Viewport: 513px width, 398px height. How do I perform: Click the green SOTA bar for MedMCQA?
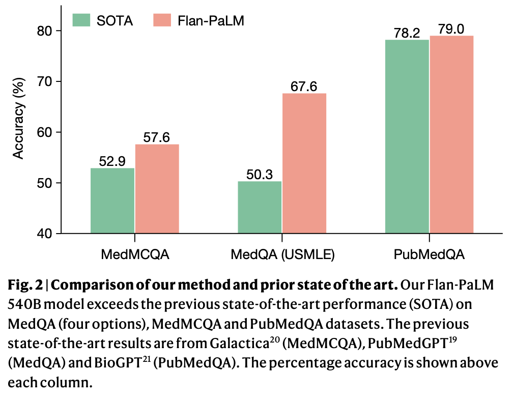click(x=112, y=201)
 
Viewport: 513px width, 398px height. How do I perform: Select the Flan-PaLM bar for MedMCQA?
click(x=157, y=189)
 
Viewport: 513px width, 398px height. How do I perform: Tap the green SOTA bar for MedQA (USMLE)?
click(x=260, y=207)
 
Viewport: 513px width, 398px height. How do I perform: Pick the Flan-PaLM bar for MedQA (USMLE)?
click(x=304, y=163)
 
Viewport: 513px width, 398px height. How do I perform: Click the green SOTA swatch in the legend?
click(x=81, y=20)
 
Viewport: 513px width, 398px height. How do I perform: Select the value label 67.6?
click(x=304, y=87)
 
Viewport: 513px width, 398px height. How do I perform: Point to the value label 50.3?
click(x=260, y=175)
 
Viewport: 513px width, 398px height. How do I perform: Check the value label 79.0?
click(x=451, y=29)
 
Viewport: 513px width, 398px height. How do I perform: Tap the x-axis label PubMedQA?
click(x=429, y=254)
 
